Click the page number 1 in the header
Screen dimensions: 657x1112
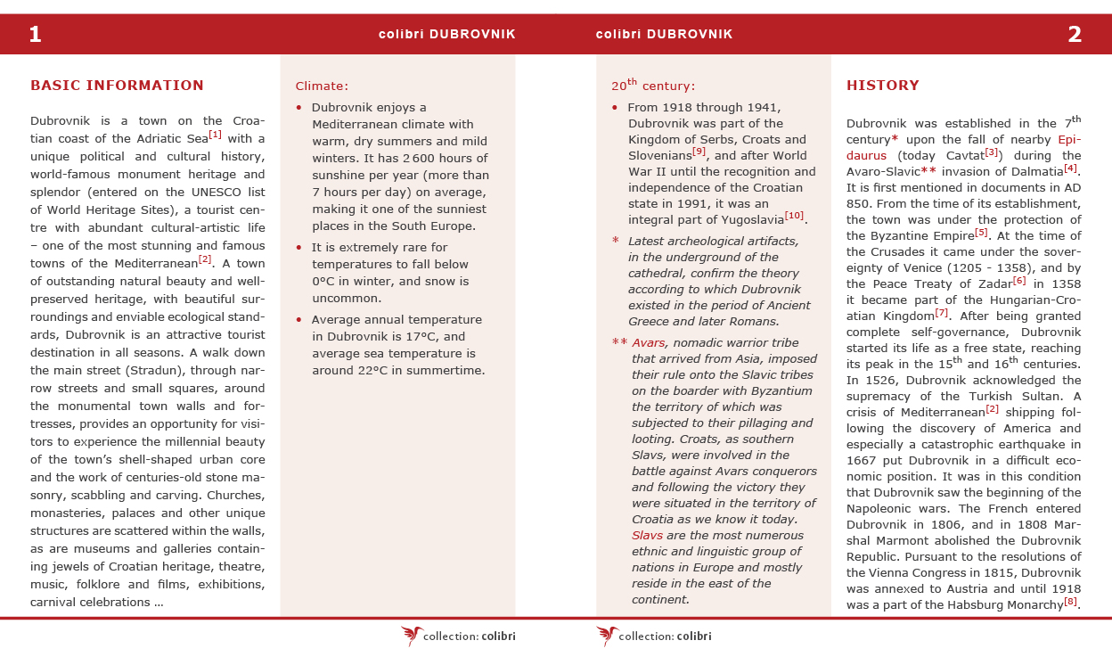36,35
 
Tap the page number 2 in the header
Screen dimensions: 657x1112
1075,35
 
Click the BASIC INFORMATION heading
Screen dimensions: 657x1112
117,86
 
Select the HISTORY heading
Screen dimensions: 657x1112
882,86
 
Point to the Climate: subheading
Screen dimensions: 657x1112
322,86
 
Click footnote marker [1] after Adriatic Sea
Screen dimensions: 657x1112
215,136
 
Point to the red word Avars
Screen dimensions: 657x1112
648,343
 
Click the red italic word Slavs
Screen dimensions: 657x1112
646,536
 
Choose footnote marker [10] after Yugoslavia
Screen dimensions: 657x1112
794,217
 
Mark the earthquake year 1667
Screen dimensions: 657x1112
863,460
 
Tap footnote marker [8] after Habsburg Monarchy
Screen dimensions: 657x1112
1070,602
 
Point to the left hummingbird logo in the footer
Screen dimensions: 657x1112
412,635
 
